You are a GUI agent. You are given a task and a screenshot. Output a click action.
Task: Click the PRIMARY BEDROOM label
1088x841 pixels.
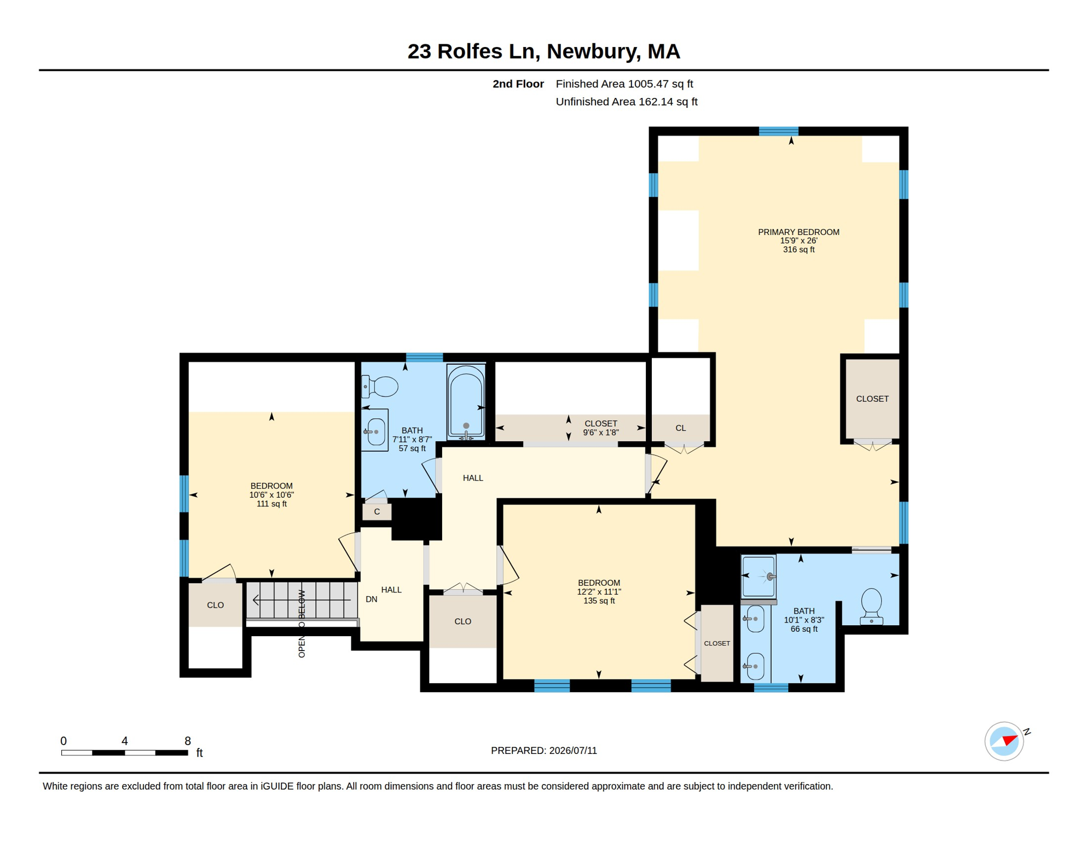[x=798, y=232]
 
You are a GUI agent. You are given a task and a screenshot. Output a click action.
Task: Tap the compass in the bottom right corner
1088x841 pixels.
[x=1004, y=741]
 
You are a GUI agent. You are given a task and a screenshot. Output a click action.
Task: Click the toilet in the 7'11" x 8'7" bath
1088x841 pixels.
[x=380, y=387]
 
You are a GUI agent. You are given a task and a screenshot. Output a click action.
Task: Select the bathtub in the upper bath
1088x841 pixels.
[x=466, y=401]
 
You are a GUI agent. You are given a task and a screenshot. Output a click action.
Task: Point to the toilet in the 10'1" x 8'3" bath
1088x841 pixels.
[x=871, y=606]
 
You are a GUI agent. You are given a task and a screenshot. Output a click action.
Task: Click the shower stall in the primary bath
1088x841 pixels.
[x=759, y=577]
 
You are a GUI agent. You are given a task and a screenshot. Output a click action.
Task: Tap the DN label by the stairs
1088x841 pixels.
[x=372, y=600]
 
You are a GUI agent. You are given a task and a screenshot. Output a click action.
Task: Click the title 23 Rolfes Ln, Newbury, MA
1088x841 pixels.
[x=544, y=51]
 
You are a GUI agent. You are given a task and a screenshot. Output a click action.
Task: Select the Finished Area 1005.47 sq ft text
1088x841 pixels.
[x=624, y=84]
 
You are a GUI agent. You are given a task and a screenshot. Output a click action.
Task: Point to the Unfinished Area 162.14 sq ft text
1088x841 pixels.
[x=627, y=102]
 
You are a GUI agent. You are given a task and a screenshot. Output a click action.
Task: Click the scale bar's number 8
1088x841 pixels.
[x=188, y=741]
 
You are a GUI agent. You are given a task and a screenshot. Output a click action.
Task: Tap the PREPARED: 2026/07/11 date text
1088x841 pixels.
[x=544, y=751]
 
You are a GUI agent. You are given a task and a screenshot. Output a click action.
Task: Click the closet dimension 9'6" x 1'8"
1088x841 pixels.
[x=601, y=433]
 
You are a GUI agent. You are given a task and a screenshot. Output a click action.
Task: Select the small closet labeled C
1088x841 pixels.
[x=377, y=511]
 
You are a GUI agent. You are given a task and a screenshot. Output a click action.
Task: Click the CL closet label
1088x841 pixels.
[x=681, y=428]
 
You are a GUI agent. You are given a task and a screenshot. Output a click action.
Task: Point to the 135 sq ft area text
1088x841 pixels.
[x=599, y=601]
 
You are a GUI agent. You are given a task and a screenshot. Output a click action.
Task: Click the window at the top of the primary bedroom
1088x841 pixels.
[x=778, y=131]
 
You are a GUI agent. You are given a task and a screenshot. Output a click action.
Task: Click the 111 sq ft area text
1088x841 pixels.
[x=272, y=504]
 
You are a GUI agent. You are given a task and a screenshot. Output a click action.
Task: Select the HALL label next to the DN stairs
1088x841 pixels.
[x=391, y=590]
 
